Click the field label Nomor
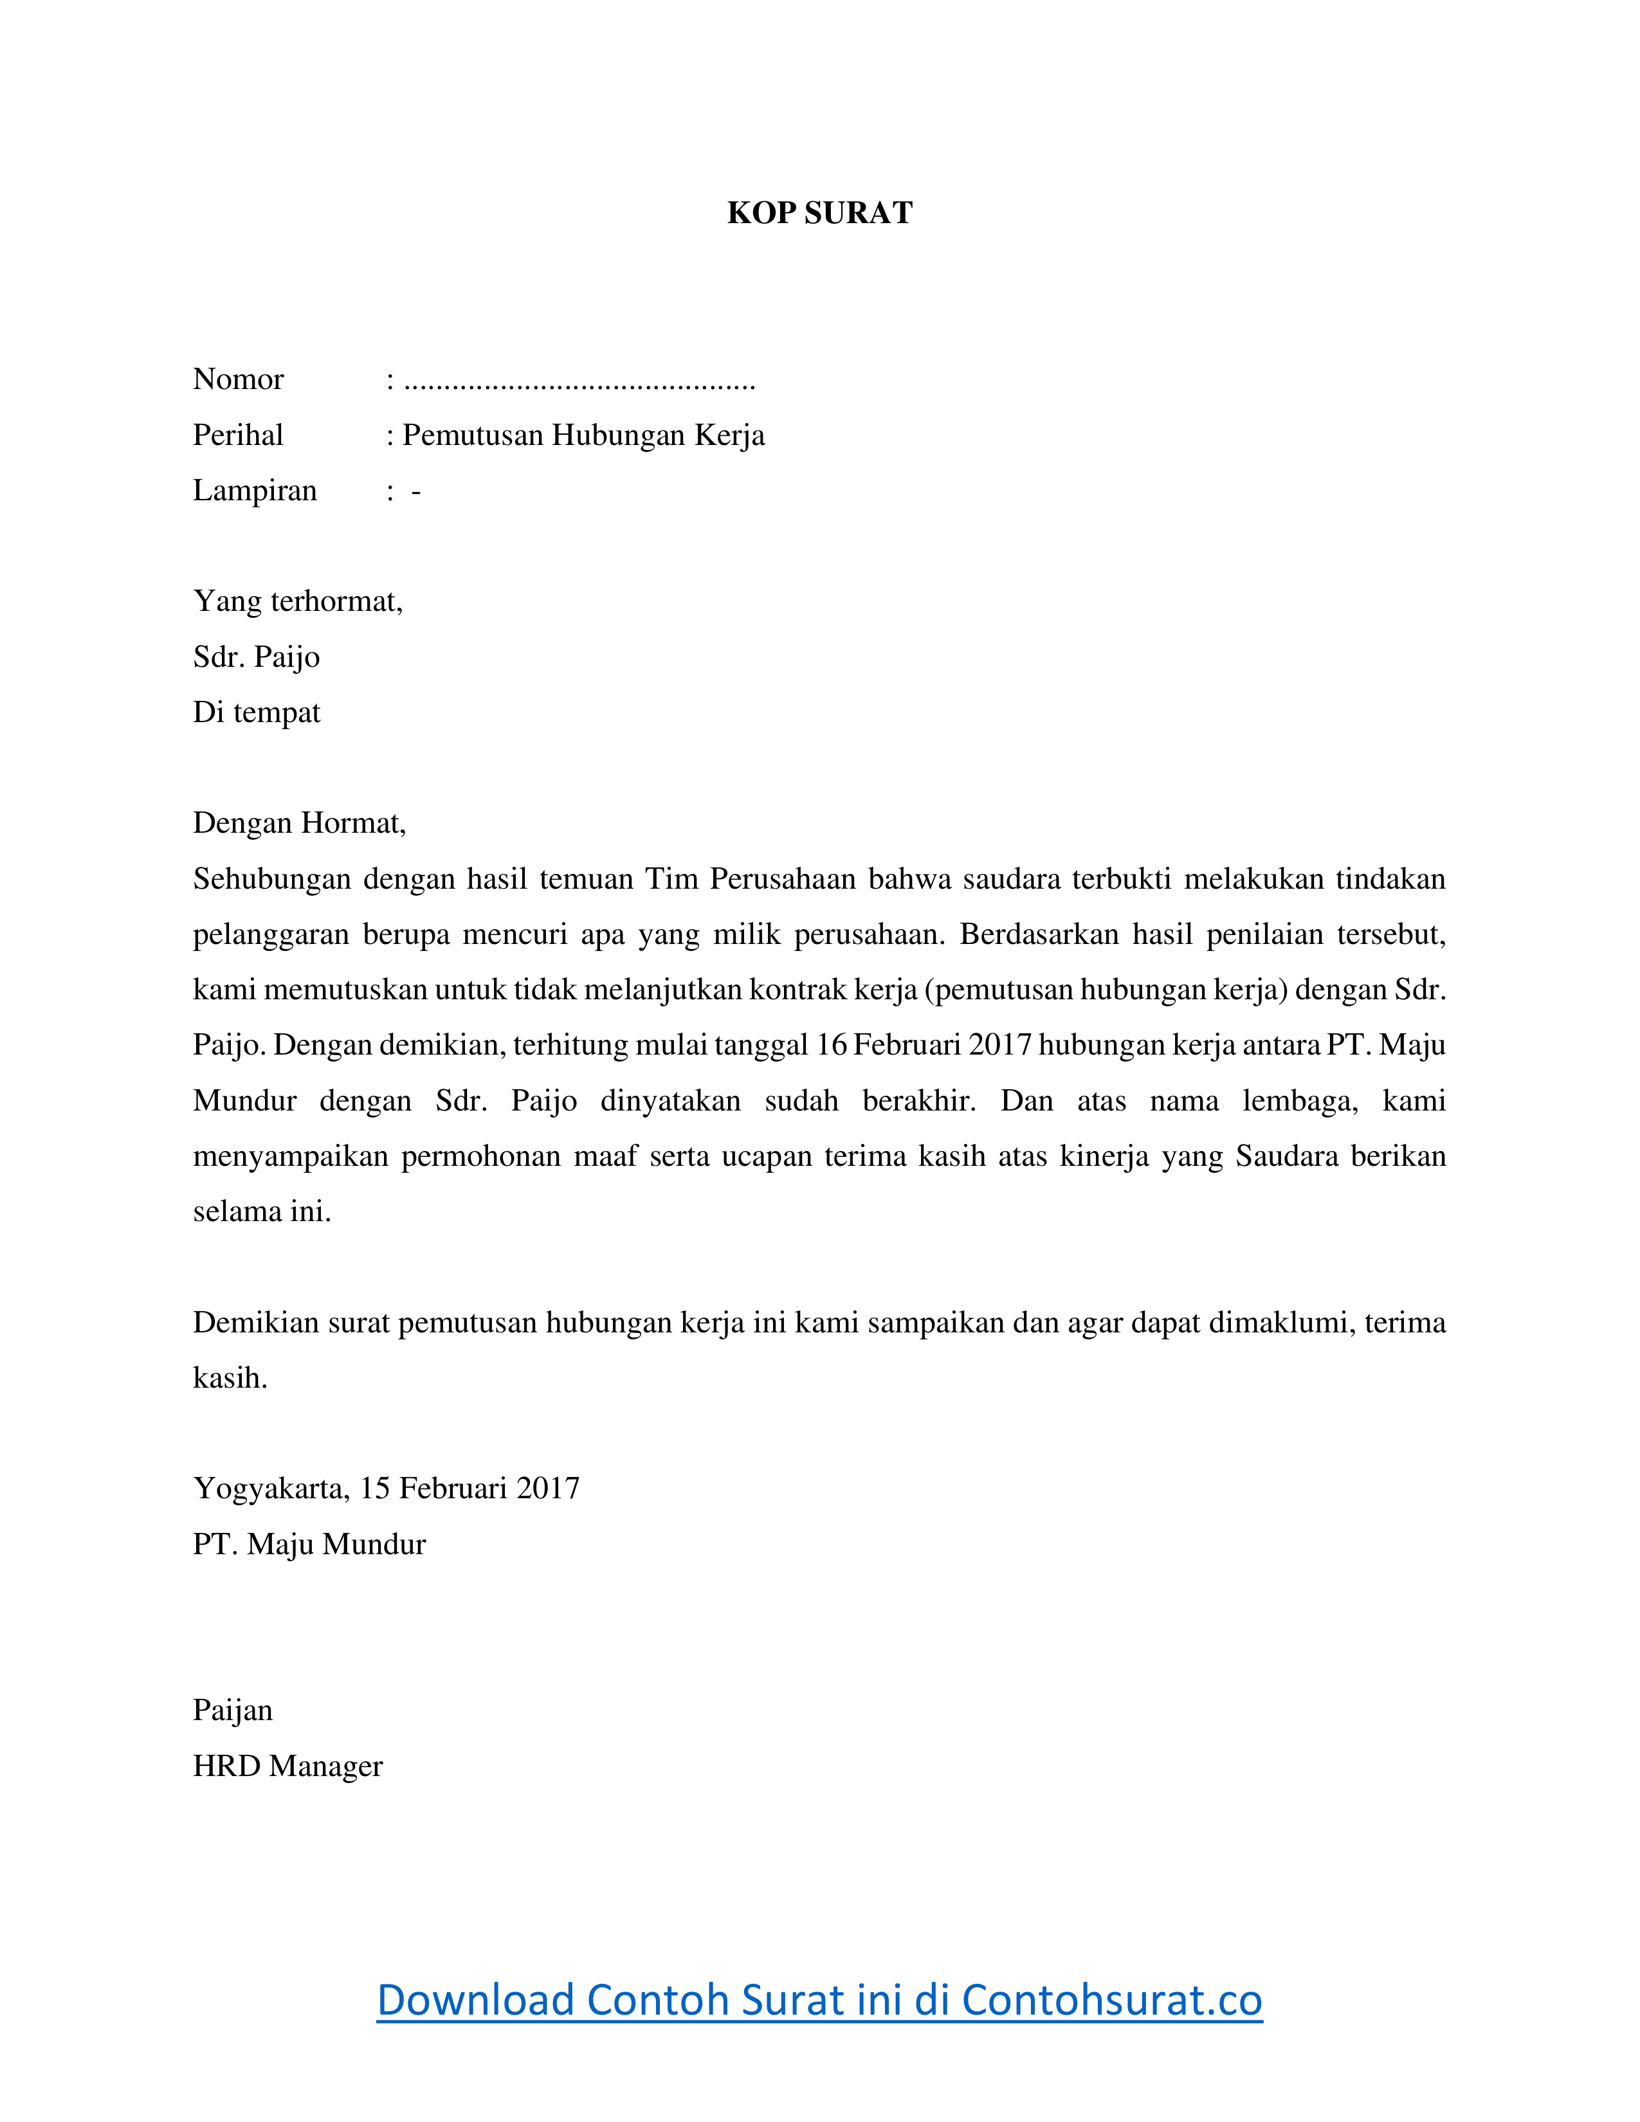coord(238,379)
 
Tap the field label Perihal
coord(238,434)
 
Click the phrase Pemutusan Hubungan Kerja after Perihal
coord(584,434)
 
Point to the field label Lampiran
coord(255,490)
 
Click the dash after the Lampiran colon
coord(416,492)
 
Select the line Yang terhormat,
coord(297,601)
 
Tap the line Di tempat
coord(257,712)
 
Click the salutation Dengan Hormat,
coord(299,823)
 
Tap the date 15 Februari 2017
coord(470,1489)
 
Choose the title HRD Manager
coord(287,1765)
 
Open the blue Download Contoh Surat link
coord(819,2000)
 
